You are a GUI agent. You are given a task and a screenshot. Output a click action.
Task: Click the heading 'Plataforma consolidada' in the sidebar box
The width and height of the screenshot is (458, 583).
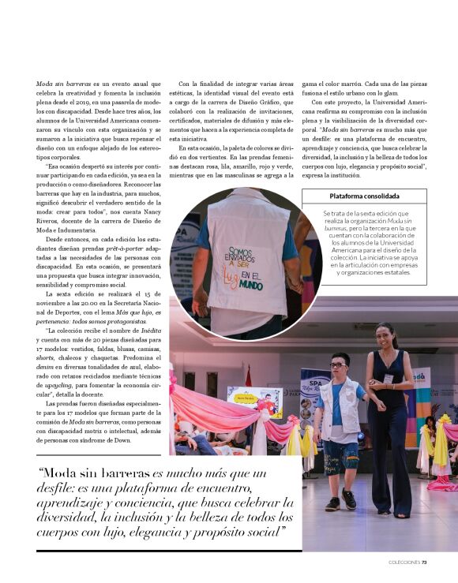click(365, 196)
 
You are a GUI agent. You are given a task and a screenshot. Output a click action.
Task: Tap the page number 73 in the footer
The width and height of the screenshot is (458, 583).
click(424, 562)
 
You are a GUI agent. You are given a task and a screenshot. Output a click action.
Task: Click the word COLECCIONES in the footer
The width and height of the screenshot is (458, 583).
click(404, 562)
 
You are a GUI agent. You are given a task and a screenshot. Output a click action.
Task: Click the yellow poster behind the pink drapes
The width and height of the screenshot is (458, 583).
click(255, 401)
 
